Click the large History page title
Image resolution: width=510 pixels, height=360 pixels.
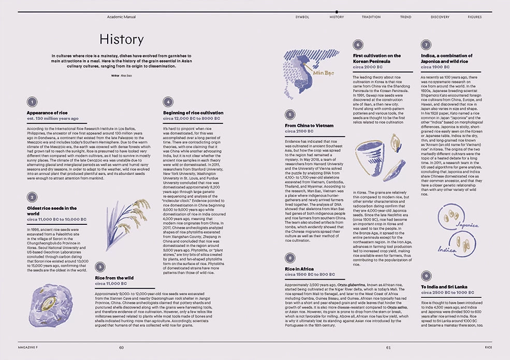[121, 39]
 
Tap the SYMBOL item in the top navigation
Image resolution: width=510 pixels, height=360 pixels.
[302, 17]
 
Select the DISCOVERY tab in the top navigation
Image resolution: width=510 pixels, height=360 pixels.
[440, 17]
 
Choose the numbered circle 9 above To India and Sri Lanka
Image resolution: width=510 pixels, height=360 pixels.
[426, 276]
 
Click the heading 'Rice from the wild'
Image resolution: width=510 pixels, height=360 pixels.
[114, 278]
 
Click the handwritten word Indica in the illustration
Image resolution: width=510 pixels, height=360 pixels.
[447, 249]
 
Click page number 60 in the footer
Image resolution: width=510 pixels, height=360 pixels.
[121, 348]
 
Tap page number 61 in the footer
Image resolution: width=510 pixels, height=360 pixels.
[388, 348]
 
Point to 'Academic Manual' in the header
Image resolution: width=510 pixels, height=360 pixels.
[121, 17]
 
